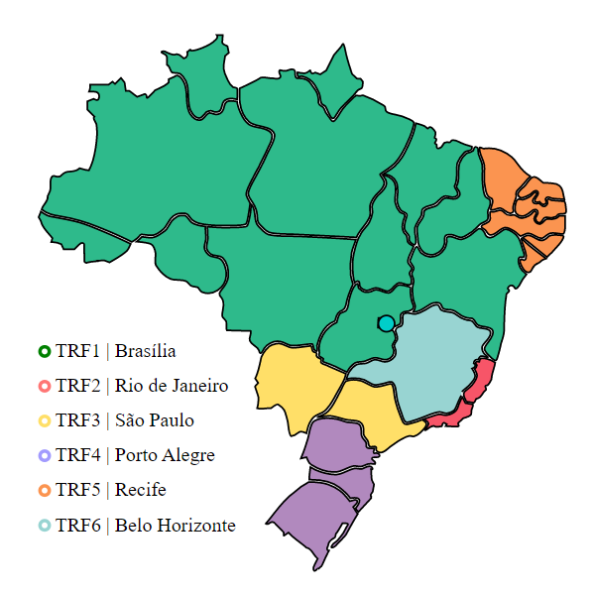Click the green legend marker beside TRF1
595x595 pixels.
44,351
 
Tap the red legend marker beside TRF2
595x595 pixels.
44,386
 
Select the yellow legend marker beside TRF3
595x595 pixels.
44,420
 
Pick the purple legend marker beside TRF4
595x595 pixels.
44,455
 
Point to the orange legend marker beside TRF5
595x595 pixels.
44,490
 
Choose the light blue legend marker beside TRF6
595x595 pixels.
44,525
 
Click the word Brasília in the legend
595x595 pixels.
146,351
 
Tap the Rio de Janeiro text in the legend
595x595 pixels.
172,386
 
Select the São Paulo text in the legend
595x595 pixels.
155,420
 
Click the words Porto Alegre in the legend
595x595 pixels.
165,455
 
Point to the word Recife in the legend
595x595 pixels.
140,490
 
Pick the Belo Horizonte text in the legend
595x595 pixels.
175,525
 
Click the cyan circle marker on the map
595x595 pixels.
386,323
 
